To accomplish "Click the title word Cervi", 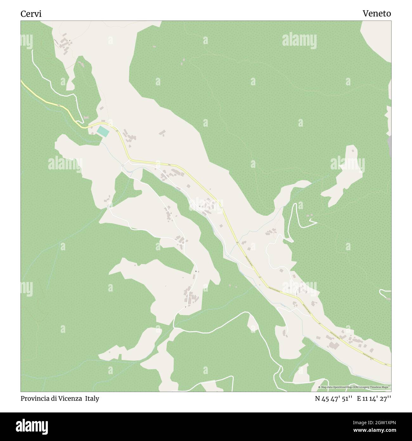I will (31, 14).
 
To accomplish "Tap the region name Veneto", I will (377, 14).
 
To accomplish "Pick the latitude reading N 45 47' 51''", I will (334, 398).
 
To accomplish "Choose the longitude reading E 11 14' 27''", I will (374, 398).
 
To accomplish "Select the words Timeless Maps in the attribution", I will (380, 387).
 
